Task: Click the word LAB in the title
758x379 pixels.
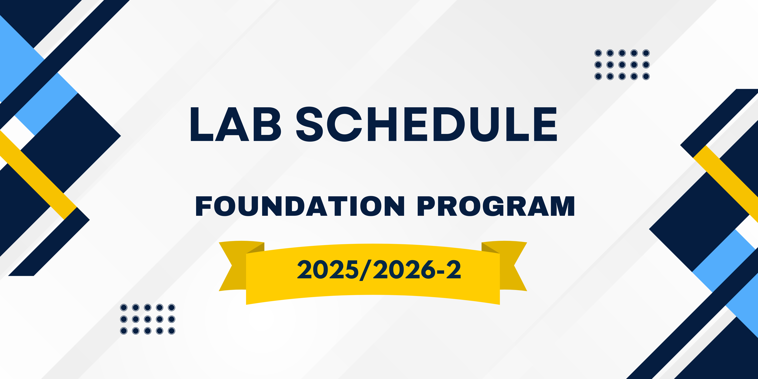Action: [x=236, y=124]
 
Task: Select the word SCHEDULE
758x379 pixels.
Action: [x=426, y=124]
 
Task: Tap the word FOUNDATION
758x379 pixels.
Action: [x=300, y=206]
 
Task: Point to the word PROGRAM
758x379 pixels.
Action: [x=496, y=206]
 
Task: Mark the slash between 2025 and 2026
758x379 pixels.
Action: [x=365, y=270]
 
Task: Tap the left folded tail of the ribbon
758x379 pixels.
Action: [x=232, y=266]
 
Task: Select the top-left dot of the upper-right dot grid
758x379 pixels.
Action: [x=598, y=53]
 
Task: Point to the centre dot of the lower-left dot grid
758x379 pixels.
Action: [x=148, y=319]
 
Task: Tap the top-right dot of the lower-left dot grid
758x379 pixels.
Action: [x=171, y=307]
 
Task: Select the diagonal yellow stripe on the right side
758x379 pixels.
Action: [x=726, y=184]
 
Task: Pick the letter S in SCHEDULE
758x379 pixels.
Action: [x=310, y=124]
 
